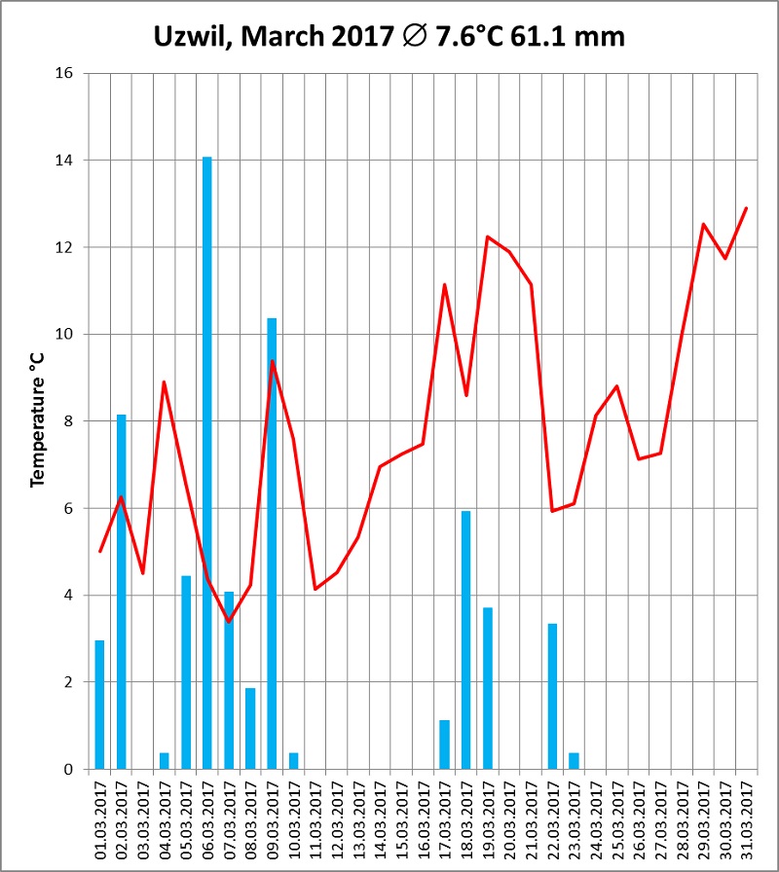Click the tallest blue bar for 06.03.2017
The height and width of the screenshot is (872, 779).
click(207, 462)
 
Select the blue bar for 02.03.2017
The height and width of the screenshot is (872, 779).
click(122, 592)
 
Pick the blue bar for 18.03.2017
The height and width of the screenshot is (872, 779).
click(465, 639)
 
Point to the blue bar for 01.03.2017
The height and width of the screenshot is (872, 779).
click(99, 705)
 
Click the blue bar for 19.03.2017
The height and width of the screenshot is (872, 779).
click(488, 688)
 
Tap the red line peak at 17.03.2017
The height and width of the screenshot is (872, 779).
click(444, 284)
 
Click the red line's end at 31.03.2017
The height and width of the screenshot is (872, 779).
click(746, 207)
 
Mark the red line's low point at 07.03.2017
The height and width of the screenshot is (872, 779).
click(229, 621)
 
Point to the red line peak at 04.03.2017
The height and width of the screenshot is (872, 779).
click(165, 381)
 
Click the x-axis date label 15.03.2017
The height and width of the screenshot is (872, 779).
click(401, 819)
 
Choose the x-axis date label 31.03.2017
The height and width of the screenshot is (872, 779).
click(746, 819)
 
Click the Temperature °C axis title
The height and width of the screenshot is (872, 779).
click(39, 421)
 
